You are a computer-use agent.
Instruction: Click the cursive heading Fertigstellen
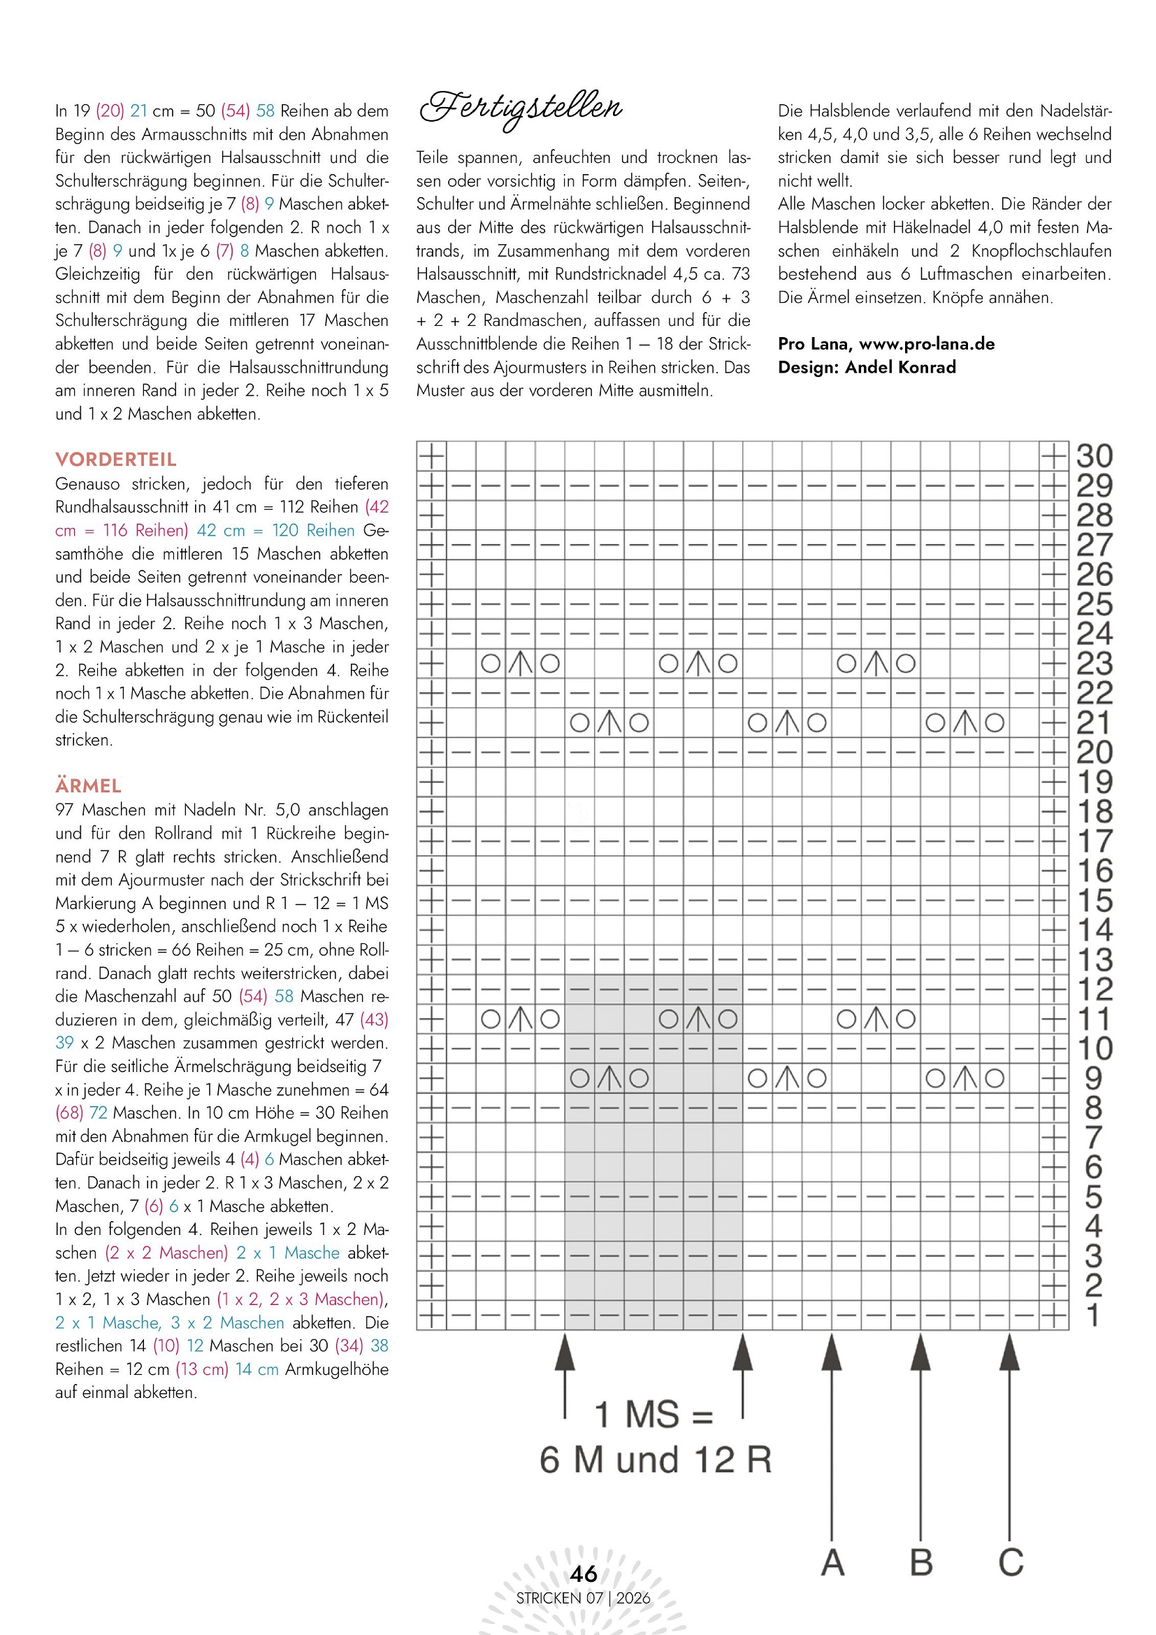tap(521, 109)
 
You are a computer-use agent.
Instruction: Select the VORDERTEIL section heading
tap(116, 459)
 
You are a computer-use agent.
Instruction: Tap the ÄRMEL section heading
tap(88, 785)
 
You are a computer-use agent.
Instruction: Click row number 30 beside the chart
tap(1094, 457)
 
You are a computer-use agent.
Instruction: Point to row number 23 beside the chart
tap(1094, 664)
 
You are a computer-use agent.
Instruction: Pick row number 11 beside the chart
tap(1094, 1019)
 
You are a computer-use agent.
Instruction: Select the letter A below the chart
tap(833, 1563)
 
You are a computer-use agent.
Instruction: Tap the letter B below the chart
tap(921, 1563)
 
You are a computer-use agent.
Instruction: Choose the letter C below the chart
tap(1011, 1563)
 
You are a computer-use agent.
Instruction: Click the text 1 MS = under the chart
tap(653, 1415)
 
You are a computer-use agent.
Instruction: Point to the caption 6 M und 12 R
tap(656, 1461)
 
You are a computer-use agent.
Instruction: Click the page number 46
tap(584, 1573)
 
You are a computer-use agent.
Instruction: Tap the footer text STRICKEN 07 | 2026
tap(583, 1598)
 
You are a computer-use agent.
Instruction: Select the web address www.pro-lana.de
tap(927, 344)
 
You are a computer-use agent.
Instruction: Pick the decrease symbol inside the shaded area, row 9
tap(609, 1078)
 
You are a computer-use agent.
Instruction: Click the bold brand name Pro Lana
tap(815, 344)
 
